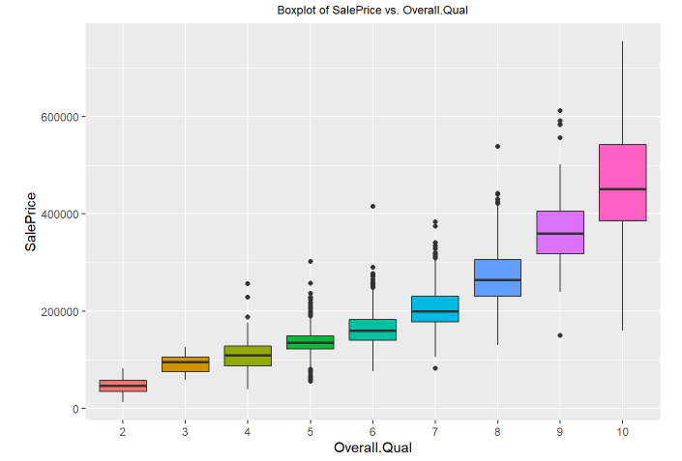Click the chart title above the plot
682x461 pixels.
tap(372, 11)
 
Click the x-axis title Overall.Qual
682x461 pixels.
tap(372, 447)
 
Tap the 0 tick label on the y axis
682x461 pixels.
tap(74, 409)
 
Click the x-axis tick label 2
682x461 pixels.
tap(123, 431)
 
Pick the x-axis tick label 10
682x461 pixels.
tap(622, 431)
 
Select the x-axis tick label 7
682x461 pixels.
tap(435, 431)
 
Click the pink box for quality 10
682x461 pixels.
tap(622, 183)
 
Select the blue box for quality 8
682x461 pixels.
tap(497, 277)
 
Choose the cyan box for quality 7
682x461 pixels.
tap(435, 308)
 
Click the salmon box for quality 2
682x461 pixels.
tap(123, 386)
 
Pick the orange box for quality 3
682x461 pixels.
tap(185, 363)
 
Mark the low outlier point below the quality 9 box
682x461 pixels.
tap(560, 335)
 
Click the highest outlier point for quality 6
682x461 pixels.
tap(372, 206)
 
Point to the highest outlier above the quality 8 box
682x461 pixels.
tap(497, 147)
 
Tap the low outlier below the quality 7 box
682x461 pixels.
tap(435, 368)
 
